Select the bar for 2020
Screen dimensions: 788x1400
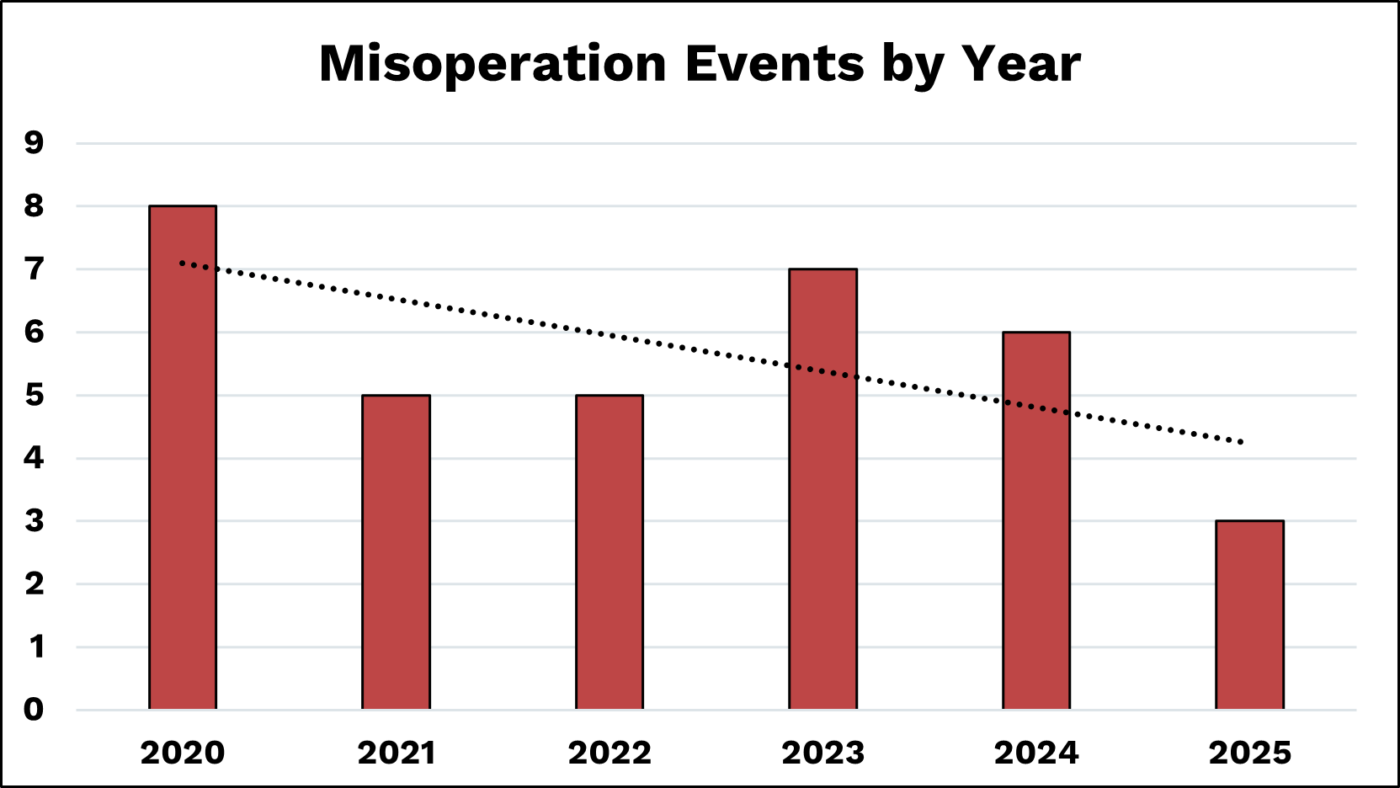coord(183,457)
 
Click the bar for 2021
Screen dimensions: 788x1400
coord(396,551)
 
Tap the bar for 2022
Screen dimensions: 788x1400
coord(610,551)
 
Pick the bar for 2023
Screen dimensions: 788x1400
coord(822,488)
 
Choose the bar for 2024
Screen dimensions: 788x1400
coord(1036,520)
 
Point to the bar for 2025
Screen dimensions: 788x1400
coord(1249,615)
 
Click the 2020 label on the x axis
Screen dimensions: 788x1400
coord(183,753)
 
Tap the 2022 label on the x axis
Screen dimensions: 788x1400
coord(610,753)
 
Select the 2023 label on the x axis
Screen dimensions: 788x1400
coord(822,753)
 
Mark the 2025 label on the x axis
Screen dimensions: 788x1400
coord(1249,753)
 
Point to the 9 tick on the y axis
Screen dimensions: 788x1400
coord(34,143)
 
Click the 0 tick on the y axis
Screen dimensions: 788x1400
coord(34,710)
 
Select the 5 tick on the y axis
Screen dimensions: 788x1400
coord(34,395)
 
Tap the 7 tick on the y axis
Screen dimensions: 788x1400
coord(34,269)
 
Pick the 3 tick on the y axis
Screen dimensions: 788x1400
coord(34,521)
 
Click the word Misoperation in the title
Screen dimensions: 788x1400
coord(492,64)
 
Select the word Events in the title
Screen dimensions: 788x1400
coord(775,64)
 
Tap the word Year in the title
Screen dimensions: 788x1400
coord(1020,64)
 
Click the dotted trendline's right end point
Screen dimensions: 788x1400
coord(1242,442)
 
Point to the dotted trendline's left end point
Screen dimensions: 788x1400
coord(182,263)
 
